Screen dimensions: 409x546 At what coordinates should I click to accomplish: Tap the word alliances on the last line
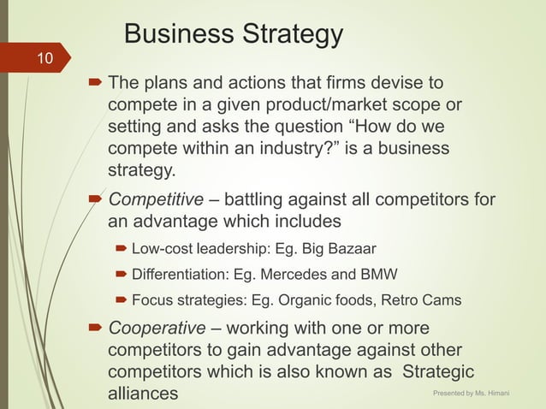(x=144, y=394)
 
